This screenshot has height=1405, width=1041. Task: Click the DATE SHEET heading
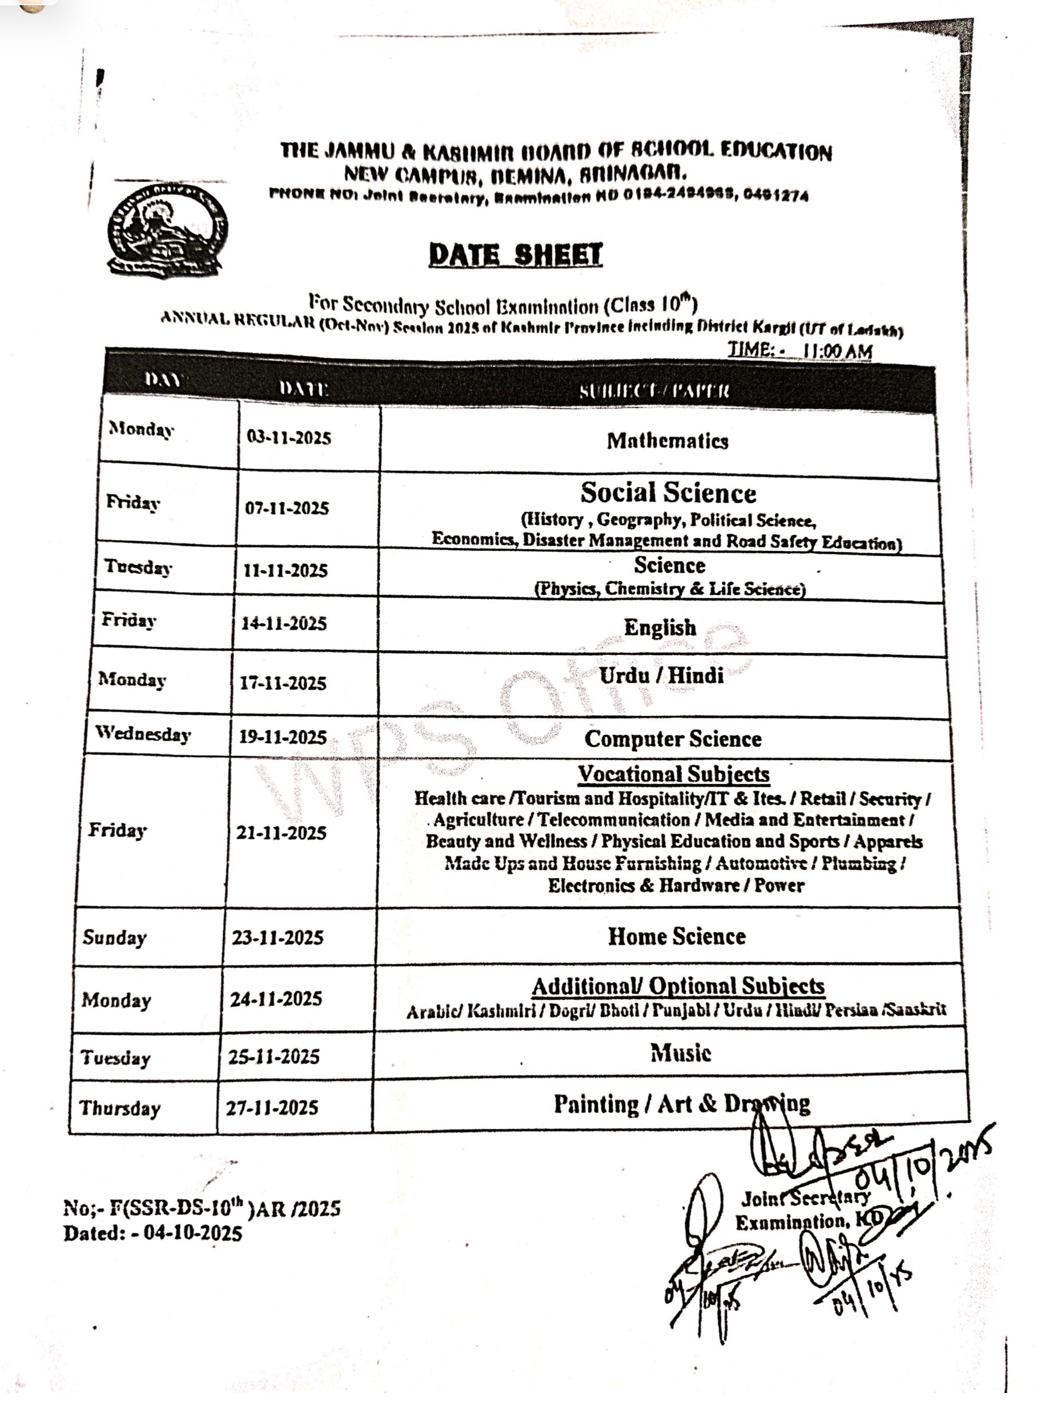pyautogui.click(x=516, y=255)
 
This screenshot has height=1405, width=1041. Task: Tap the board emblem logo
pyautogui.click(x=166, y=230)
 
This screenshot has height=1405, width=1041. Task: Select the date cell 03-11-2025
pyautogui.click(x=288, y=438)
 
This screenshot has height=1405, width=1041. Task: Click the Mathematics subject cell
pyautogui.click(x=668, y=441)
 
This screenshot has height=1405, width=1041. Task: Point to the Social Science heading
pyautogui.click(x=668, y=493)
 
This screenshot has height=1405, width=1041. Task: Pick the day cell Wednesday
pyautogui.click(x=143, y=734)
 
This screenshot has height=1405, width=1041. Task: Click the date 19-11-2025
pyautogui.click(x=282, y=737)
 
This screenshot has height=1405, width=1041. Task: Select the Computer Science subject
pyautogui.click(x=672, y=739)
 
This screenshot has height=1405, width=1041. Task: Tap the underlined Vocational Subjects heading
pyautogui.click(x=674, y=774)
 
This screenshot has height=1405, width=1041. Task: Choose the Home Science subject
pyautogui.click(x=676, y=936)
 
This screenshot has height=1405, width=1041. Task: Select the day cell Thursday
pyautogui.click(x=120, y=1107)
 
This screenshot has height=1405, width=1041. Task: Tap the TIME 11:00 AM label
pyautogui.click(x=799, y=350)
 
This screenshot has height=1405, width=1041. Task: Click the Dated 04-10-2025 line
pyautogui.click(x=152, y=1233)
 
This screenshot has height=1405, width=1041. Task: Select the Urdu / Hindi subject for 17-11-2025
pyautogui.click(x=661, y=676)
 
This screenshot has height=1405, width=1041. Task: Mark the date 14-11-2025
pyautogui.click(x=284, y=623)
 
